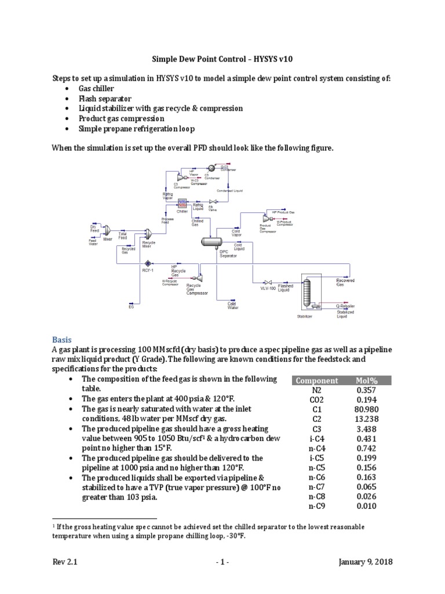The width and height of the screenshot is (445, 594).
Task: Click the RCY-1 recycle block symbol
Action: click(148, 263)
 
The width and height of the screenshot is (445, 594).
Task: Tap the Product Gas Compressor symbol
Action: click(267, 219)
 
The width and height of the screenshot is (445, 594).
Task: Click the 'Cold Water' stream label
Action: click(232, 305)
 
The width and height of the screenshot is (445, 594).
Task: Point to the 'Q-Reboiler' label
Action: click(345, 305)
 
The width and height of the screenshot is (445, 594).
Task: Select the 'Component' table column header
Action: click(316, 381)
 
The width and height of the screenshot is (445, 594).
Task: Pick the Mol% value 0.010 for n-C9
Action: click(366, 506)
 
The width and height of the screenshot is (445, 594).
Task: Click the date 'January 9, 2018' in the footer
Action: click(367, 563)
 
